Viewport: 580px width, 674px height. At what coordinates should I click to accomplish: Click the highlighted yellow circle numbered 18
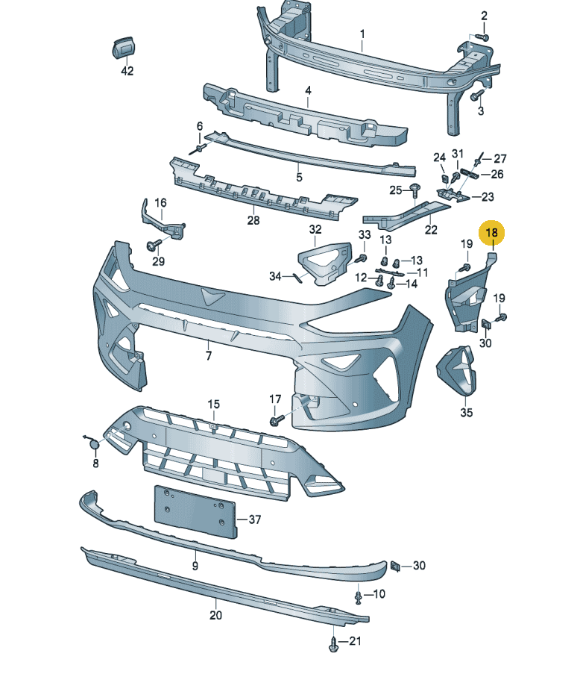pos(492,233)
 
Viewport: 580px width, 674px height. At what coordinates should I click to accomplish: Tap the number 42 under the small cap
pos(127,71)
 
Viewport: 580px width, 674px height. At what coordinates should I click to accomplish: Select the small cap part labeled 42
pos(123,47)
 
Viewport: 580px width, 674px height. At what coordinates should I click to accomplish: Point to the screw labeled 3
pos(477,96)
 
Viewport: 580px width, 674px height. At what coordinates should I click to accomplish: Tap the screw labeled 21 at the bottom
pos(332,641)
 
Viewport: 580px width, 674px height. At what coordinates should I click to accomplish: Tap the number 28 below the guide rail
pos(253,221)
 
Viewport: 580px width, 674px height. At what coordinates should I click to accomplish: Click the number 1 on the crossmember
pos(362,34)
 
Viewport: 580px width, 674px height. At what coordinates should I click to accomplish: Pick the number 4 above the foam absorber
pos(306,90)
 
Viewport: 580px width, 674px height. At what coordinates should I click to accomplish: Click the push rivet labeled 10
pos(359,596)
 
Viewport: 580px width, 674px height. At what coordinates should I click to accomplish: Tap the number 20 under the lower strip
pos(215,616)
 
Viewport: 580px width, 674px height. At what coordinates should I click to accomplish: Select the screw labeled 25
pos(415,191)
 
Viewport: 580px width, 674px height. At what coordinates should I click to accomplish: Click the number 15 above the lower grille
pos(214,404)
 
